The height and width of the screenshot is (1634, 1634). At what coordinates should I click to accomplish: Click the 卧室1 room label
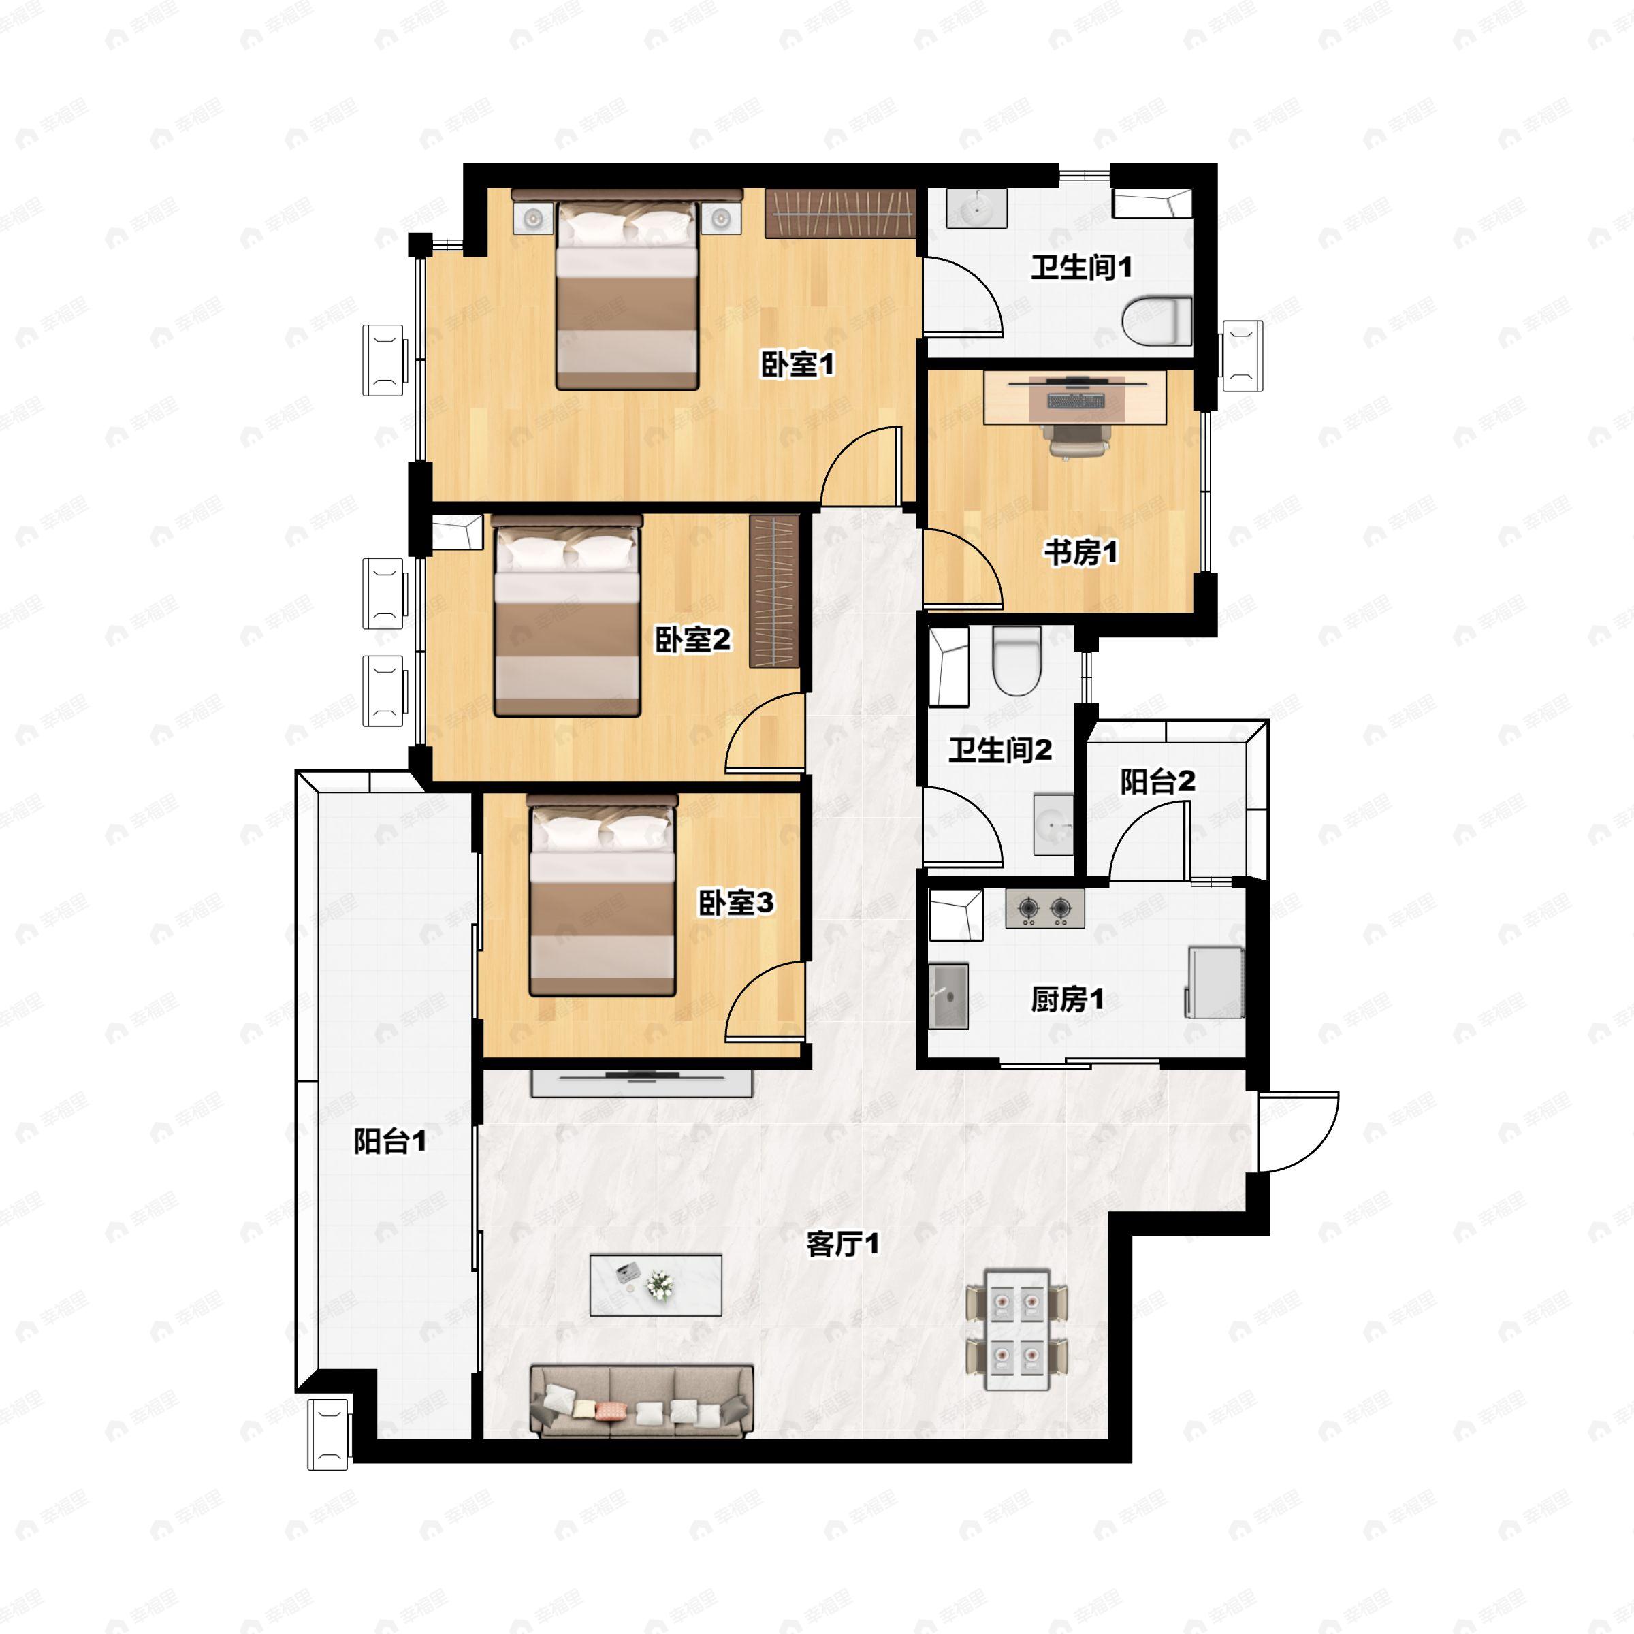(797, 364)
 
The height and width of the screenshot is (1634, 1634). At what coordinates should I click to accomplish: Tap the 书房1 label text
(1080, 552)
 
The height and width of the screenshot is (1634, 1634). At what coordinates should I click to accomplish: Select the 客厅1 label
(842, 1244)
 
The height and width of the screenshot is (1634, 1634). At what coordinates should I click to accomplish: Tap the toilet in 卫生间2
(1016, 660)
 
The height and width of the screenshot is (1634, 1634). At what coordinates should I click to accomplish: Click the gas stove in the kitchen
(1044, 908)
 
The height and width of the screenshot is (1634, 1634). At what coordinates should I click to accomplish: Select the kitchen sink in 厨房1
(949, 995)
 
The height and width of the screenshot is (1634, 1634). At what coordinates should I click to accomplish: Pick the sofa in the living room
(641, 1400)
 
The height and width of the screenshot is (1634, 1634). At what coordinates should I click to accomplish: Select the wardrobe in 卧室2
(774, 591)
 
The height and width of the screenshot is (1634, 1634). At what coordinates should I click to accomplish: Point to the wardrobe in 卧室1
(840, 213)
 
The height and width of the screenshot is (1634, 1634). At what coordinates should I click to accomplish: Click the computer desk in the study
(1075, 398)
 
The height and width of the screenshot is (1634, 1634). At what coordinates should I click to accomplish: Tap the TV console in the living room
(641, 1083)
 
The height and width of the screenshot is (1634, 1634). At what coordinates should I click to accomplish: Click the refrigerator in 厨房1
(1215, 982)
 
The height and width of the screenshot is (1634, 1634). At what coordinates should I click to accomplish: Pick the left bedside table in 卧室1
(533, 218)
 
